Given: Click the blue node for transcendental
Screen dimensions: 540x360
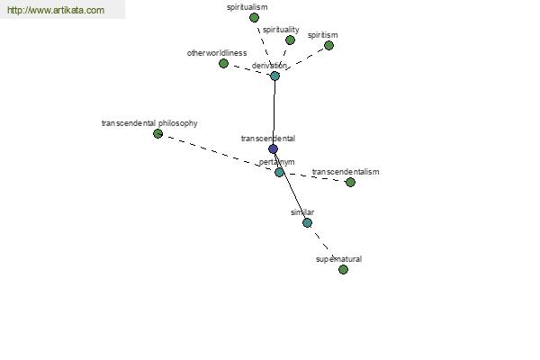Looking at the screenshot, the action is pos(273,149).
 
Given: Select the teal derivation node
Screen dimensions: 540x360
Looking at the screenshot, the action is pos(274,76).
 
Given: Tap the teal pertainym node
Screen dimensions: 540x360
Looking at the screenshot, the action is pos(279,172).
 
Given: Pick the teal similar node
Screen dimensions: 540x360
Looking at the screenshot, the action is pos(307,223).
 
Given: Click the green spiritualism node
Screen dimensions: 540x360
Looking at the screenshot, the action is pos(254,18).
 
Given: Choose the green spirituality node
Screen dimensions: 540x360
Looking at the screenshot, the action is pos(291,40).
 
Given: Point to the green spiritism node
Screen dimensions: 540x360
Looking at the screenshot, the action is pos(328,46).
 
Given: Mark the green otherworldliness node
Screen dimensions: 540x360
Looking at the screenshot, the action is pos(223,63).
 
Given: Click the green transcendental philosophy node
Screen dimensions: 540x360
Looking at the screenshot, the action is pos(157,134).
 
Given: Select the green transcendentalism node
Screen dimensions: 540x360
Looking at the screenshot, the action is pos(350,182).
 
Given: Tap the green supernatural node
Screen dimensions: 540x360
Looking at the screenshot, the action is pos(343,269).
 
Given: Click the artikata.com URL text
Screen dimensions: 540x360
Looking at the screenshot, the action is pos(56,10).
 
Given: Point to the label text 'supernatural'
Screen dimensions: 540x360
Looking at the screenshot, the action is pos(339,259).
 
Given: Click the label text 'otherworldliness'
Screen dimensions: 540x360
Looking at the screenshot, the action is pos(217,53).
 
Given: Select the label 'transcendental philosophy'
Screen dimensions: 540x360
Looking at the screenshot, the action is pos(149,123).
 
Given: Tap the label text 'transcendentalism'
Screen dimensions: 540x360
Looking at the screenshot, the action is pos(346,172).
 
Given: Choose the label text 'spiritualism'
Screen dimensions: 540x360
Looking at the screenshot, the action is pos(247,7).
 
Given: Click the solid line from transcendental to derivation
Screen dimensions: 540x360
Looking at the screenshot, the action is pos(274,112).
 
